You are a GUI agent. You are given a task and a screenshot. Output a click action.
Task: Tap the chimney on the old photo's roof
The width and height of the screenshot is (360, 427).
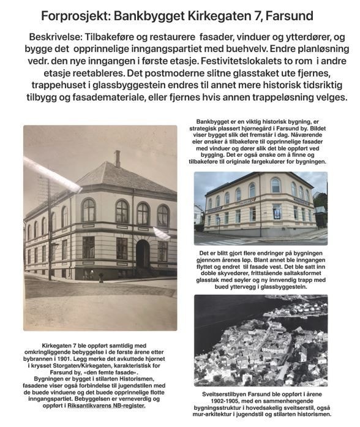(118, 158)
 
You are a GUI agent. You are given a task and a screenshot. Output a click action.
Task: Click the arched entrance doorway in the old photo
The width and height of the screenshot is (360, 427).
(143, 254)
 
